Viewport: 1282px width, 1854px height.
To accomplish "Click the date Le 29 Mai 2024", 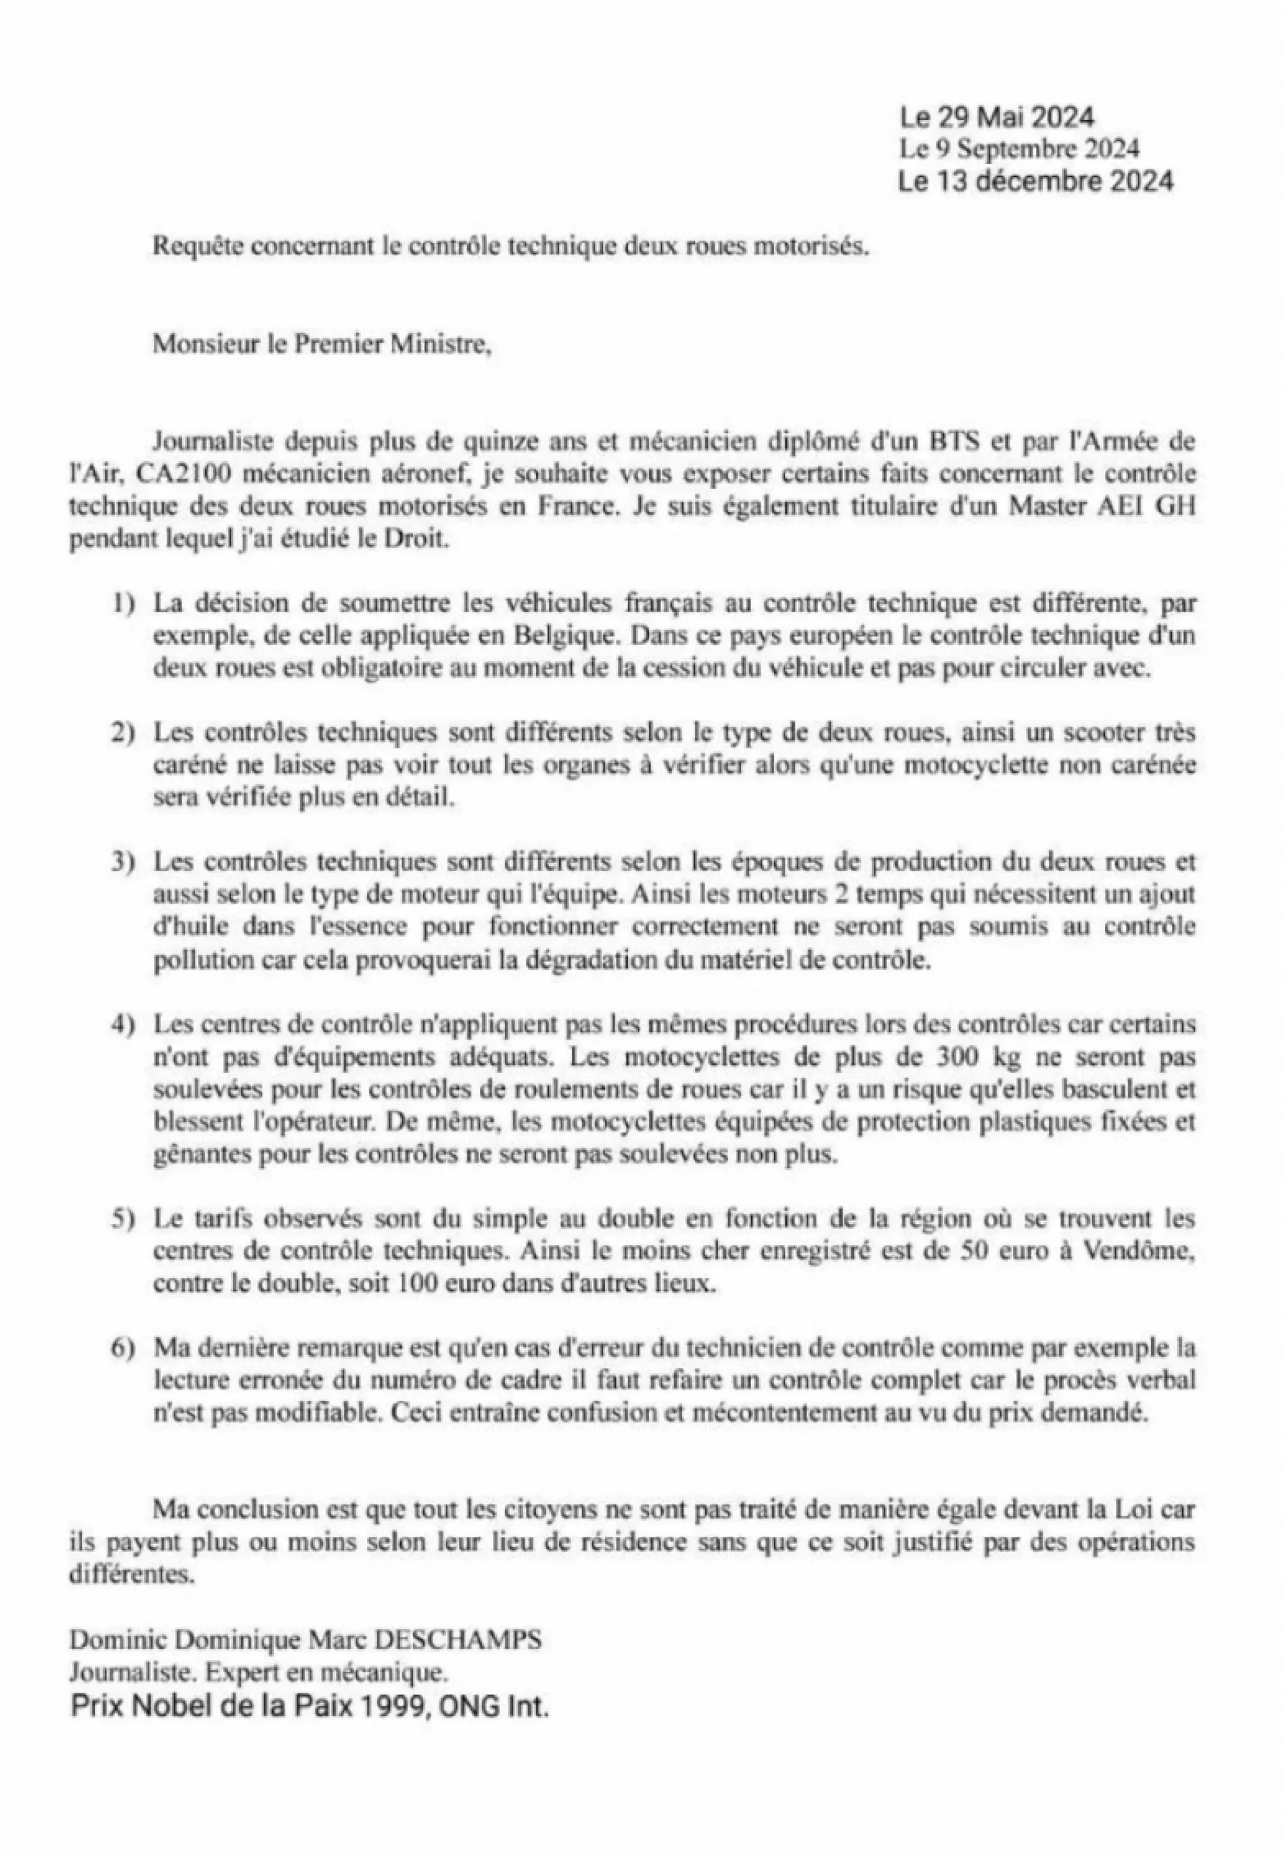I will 996,118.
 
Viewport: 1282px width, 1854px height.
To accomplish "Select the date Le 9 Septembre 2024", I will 1018,148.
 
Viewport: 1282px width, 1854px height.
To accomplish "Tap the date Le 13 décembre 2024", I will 1035,181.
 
